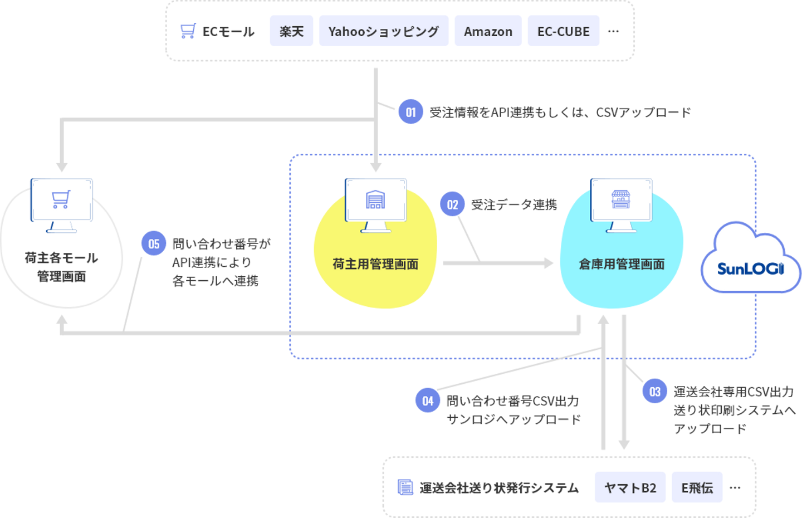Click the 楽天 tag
pyautogui.click(x=291, y=31)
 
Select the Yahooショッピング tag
pyautogui.click(x=383, y=31)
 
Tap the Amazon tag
pyautogui.click(x=488, y=31)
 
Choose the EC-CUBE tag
pyautogui.click(x=563, y=31)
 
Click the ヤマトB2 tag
pyautogui.click(x=630, y=487)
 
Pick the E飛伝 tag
pyautogui.click(x=697, y=487)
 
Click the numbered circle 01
pyautogui.click(x=410, y=112)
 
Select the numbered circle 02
pyautogui.click(x=452, y=205)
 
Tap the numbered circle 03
pyautogui.click(x=655, y=392)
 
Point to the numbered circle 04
pyautogui.click(x=427, y=400)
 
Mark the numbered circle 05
pyautogui.click(x=153, y=243)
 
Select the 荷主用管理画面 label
pyautogui.click(x=375, y=264)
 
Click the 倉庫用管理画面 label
pyautogui.click(x=622, y=264)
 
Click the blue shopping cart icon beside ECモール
pyautogui.click(x=188, y=31)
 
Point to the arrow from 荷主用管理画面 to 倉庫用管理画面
pyautogui.click(x=498, y=263)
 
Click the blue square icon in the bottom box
pyautogui.click(x=405, y=487)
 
